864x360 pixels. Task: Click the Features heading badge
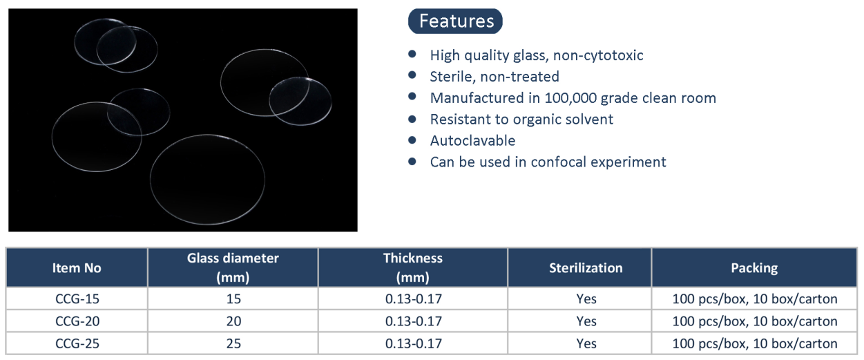tap(455, 21)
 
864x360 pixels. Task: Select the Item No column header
tap(77, 268)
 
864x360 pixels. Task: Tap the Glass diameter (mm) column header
tap(233, 268)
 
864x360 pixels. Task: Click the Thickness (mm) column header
tap(413, 268)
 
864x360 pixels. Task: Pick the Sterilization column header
tap(586, 268)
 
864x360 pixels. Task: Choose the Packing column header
tap(754, 268)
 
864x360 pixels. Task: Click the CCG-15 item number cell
tap(77, 299)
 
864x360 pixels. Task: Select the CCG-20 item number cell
tap(77, 321)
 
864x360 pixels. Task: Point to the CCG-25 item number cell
tap(77, 344)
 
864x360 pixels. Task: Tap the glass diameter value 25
tap(233, 344)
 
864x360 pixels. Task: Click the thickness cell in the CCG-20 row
tap(414, 321)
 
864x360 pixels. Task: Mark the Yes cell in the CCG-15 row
tap(586, 299)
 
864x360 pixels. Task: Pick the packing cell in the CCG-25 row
tap(755, 344)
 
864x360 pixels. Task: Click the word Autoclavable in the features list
tap(472, 140)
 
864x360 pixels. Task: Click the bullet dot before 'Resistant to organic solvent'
tap(412, 119)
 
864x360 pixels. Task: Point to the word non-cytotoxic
tap(598, 55)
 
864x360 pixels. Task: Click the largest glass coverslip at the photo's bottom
tap(207, 180)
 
